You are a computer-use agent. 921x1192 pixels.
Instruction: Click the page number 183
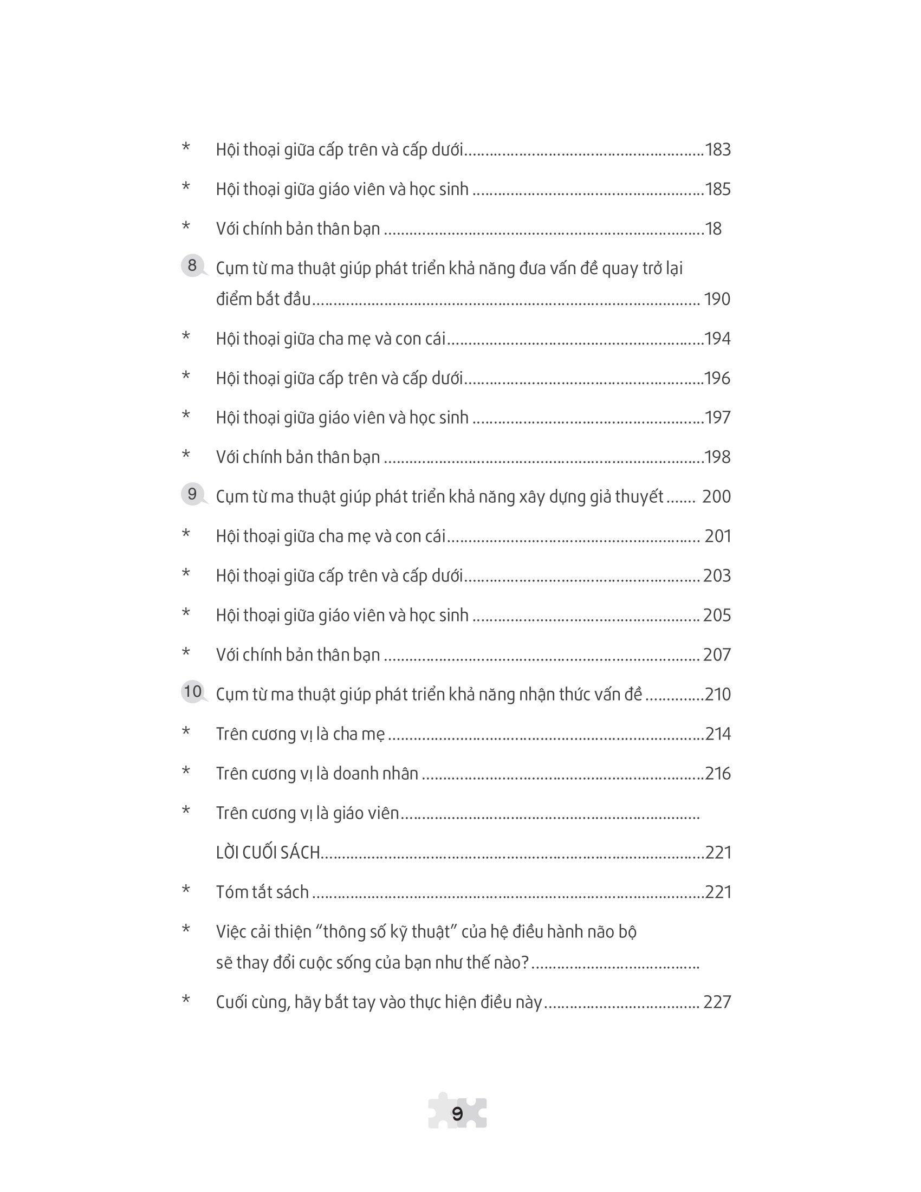[x=717, y=150]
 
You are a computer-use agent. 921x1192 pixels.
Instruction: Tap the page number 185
[x=717, y=190]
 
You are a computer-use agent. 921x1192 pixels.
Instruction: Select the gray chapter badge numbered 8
[x=192, y=267]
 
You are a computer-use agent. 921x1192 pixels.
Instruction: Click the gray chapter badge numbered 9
[x=192, y=495]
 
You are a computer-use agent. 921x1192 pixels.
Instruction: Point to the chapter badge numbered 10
[x=193, y=692]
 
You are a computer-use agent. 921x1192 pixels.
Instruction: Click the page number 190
[x=717, y=299]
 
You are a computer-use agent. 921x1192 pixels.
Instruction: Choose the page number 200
[x=716, y=497]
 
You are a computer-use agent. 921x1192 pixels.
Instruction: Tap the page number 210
[x=717, y=694]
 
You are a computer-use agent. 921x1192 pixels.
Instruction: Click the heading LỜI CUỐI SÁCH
[x=268, y=852]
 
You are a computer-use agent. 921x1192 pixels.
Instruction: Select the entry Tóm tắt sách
[x=262, y=892]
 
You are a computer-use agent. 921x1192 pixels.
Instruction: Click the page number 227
[x=717, y=1002]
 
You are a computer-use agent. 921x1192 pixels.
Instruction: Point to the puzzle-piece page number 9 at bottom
[x=458, y=1113]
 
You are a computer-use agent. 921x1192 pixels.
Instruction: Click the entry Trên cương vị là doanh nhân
[x=317, y=773]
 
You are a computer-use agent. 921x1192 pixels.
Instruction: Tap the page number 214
[x=717, y=734]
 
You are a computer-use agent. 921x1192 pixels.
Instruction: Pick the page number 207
[x=717, y=655]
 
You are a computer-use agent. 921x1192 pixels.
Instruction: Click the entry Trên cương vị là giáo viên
[x=308, y=813]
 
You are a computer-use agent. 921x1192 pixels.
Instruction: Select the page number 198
[x=717, y=457]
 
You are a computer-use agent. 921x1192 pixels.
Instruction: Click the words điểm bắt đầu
[x=263, y=299]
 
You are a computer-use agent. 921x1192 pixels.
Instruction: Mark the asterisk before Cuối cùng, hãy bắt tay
[x=186, y=1000]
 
